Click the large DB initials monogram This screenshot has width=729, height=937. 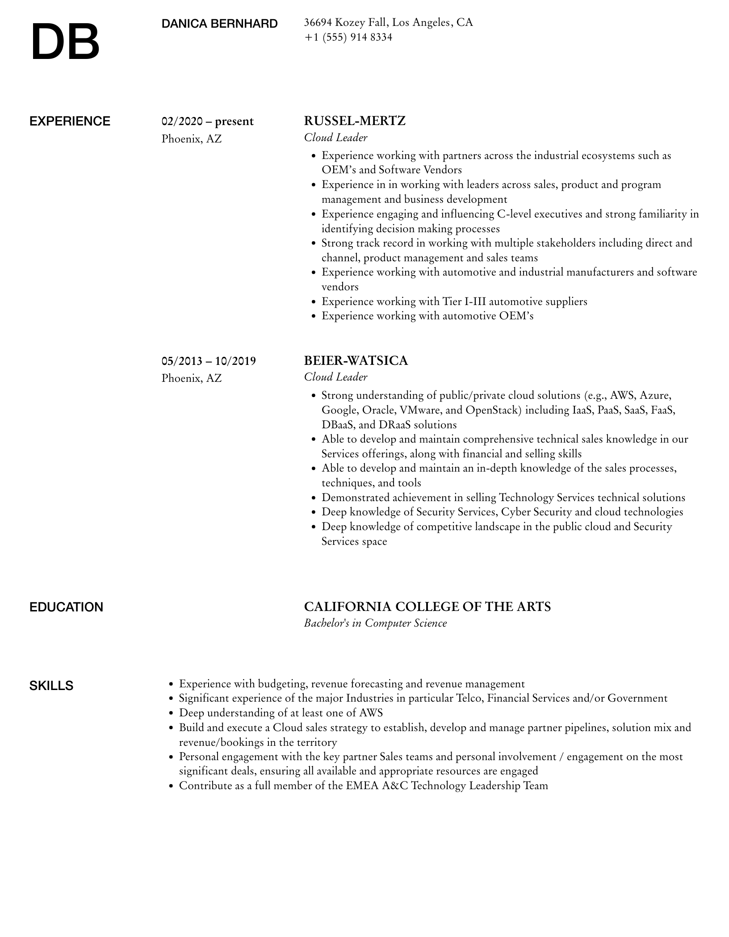[x=65, y=42]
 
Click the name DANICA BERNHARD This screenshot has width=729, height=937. [x=219, y=24]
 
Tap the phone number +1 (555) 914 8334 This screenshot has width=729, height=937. [x=348, y=37]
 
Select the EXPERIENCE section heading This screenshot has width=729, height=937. [x=70, y=121]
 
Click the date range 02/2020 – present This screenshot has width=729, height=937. [x=207, y=121]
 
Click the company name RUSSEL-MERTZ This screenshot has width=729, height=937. [x=355, y=121]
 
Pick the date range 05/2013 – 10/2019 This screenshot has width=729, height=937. [x=209, y=360]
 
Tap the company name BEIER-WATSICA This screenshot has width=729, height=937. [x=356, y=360]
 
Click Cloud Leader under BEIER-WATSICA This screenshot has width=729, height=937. [x=335, y=377]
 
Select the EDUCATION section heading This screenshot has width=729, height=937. [x=66, y=607]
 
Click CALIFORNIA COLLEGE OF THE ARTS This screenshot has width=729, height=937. [x=427, y=607]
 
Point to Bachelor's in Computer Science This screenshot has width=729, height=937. [x=375, y=623]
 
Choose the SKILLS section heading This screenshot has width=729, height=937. [x=51, y=686]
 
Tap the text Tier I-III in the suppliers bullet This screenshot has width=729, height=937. [x=464, y=301]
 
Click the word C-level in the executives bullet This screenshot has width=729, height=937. [x=514, y=214]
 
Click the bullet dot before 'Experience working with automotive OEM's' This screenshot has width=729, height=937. [x=313, y=316]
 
